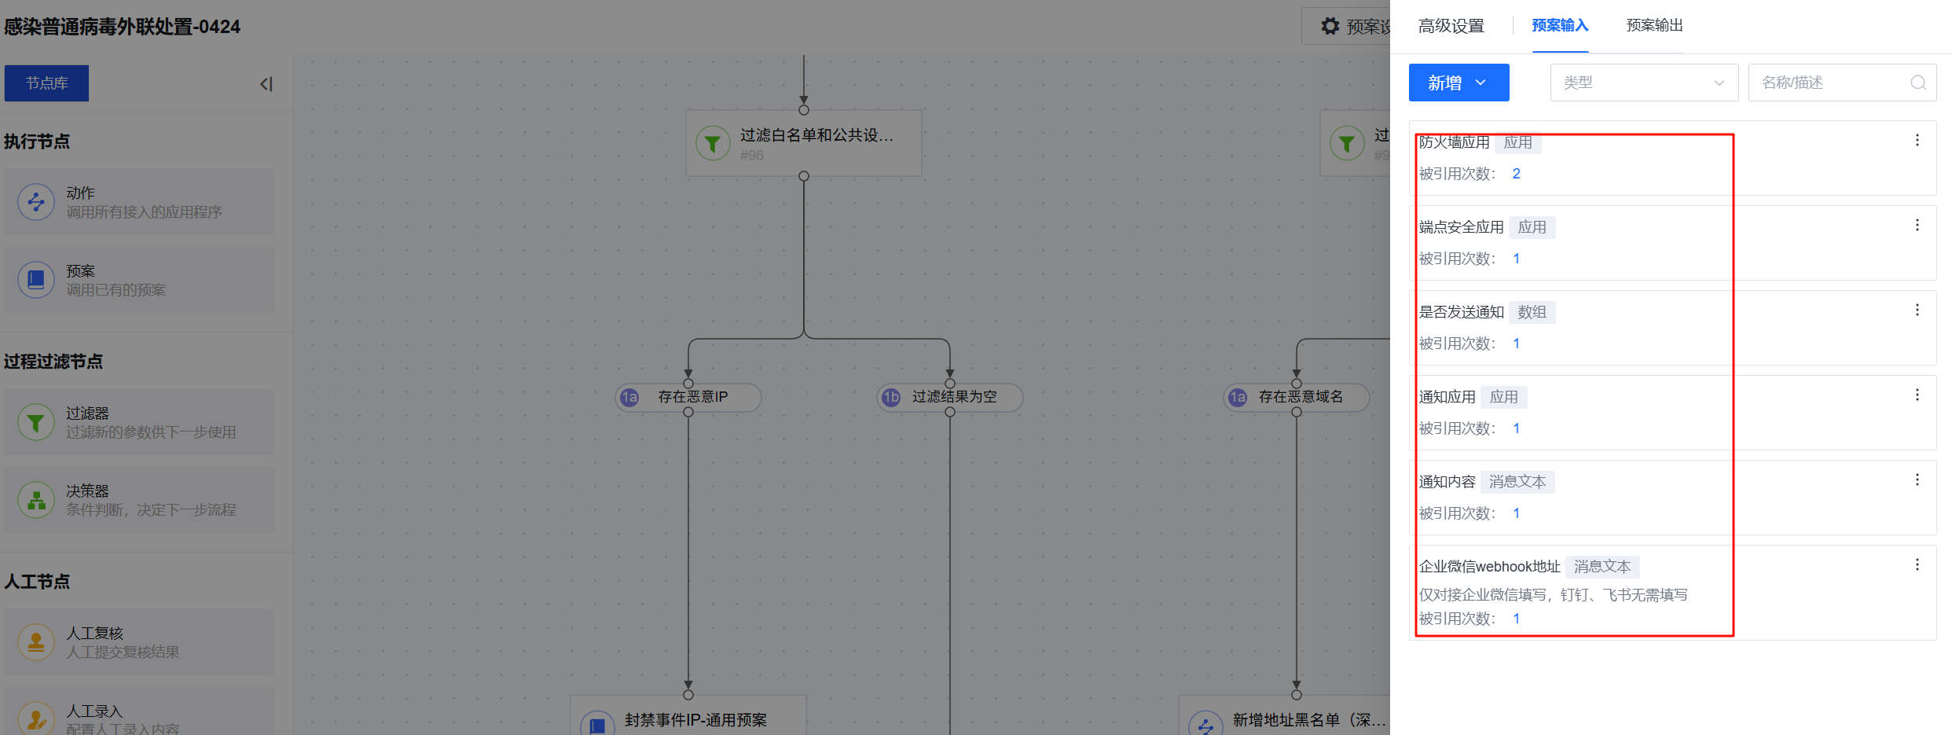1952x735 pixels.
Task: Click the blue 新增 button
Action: coord(1458,83)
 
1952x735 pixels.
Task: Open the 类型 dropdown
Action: coord(1643,83)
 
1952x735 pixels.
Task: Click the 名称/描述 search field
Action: coord(1831,83)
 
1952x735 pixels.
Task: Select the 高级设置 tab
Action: coord(1451,26)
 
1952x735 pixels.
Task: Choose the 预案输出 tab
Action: coord(1654,26)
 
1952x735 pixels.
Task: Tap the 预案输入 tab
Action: coord(1560,26)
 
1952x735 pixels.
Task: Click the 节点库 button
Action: coord(46,83)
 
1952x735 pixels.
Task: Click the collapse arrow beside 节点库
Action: coord(266,84)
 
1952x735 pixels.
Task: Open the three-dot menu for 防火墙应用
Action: coord(1917,140)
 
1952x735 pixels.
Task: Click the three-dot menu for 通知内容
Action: coord(1917,480)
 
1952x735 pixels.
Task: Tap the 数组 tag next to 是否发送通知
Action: coord(1532,312)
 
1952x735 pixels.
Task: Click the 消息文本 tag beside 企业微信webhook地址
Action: coord(1602,567)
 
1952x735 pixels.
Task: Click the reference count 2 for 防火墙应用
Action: coord(1516,174)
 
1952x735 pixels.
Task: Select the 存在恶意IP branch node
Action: coord(688,397)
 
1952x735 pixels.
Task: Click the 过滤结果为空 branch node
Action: coord(950,397)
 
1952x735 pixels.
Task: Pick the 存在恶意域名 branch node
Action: coord(1297,397)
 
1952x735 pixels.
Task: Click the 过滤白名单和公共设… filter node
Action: coord(803,143)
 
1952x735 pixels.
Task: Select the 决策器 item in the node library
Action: coord(139,500)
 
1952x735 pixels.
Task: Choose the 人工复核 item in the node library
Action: coord(139,641)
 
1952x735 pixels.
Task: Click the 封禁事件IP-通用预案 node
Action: coord(688,719)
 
